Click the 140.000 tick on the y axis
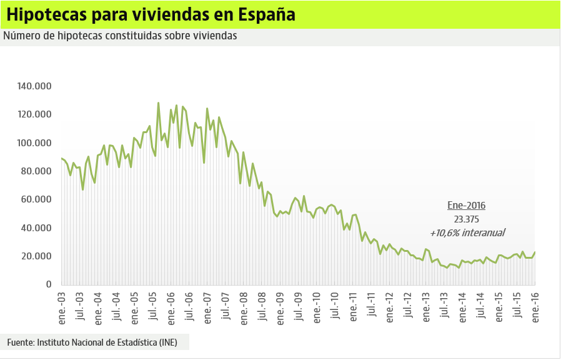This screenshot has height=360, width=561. (x=34, y=86)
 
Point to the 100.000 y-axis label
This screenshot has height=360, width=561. (x=34, y=143)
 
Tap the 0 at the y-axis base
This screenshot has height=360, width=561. (x=48, y=284)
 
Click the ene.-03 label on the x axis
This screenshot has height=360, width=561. (x=62, y=306)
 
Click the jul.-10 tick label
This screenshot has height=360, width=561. (x=335, y=306)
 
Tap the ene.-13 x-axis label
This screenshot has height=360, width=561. (x=426, y=306)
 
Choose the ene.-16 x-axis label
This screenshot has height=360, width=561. (x=535, y=306)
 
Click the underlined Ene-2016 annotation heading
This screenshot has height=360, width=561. (x=467, y=205)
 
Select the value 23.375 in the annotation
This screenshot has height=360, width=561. (x=467, y=219)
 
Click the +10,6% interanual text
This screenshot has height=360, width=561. (x=467, y=232)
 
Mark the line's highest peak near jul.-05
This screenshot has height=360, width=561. (x=158, y=103)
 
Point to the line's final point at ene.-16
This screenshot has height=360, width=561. (x=535, y=252)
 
